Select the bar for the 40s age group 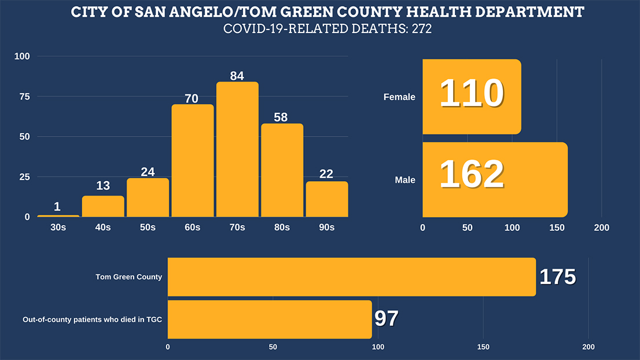coord(103,207)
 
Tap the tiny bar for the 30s coord(58,216)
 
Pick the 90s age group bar coord(327,199)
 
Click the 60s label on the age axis coord(192,227)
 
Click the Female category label coord(399,97)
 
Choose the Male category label coord(405,180)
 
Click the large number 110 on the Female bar coord(472,94)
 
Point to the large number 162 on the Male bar coord(472,174)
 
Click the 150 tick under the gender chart coord(557,228)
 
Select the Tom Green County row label coord(128,277)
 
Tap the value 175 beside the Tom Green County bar coord(557,277)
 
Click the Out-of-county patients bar coord(270,319)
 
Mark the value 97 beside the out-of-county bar coord(387,319)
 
